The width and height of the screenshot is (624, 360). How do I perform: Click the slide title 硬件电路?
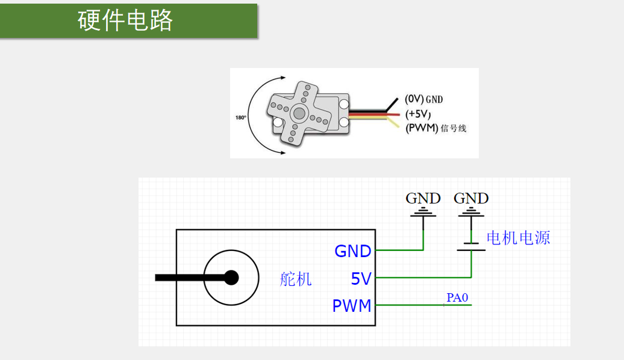click(x=125, y=20)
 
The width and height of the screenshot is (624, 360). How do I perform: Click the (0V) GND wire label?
click(x=424, y=99)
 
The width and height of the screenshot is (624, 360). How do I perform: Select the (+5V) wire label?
click(x=418, y=114)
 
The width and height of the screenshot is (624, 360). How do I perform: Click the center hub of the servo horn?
click(x=299, y=113)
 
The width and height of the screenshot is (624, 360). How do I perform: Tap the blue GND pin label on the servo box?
click(x=353, y=251)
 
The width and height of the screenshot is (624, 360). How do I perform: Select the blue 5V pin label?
click(x=361, y=279)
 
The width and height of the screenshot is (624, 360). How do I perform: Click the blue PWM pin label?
click(x=352, y=306)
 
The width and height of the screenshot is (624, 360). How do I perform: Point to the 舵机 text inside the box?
click(x=296, y=279)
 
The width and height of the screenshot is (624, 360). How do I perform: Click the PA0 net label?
click(x=457, y=297)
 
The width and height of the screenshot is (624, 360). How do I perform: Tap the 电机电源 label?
click(x=518, y=238)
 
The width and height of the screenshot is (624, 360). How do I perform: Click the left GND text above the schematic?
click(x=423, y=198)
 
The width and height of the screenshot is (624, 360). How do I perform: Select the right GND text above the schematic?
click(x=471, y=198)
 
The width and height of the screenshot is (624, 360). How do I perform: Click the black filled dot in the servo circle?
click(x=231, y=278)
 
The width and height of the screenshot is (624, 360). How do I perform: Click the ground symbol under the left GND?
click(x=423, y=212)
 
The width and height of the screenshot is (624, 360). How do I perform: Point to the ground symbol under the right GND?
click(x=471, y=212)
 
